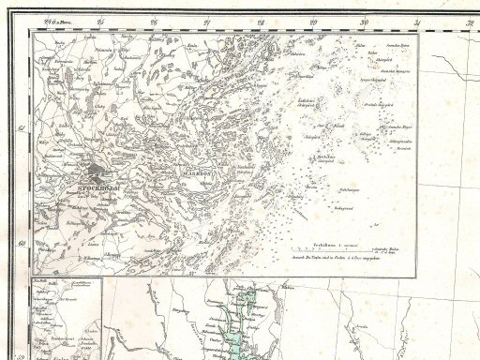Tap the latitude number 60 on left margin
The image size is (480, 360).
pyautogui.click(x=22, y=242)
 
